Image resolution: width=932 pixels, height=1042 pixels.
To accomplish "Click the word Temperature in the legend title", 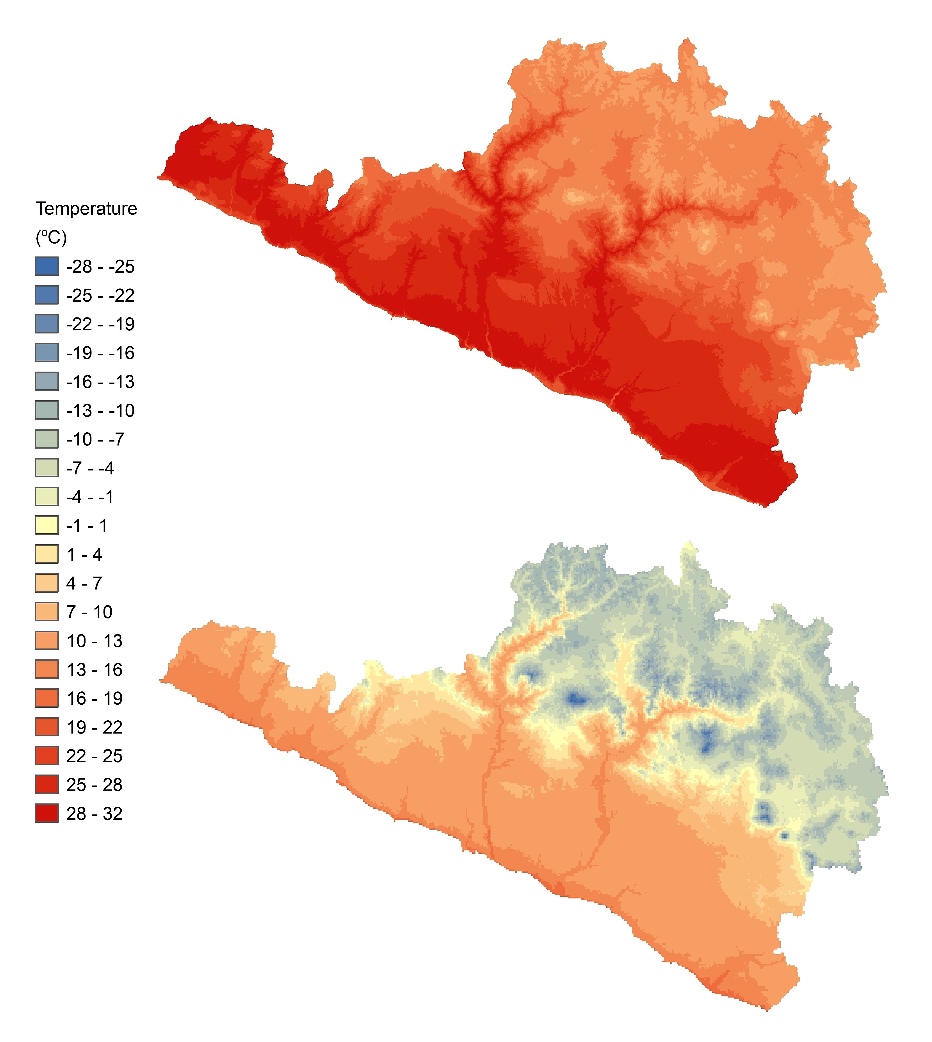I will click(x=86, y=209).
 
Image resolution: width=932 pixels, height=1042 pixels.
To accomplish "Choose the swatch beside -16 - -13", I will click(x=46, y=381).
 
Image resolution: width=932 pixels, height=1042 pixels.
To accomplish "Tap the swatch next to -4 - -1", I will click(x=46, y=497).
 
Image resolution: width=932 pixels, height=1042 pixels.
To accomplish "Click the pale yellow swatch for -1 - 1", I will click(x=46, y=525).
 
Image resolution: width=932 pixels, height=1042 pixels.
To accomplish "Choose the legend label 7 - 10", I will click(x=89, y=612).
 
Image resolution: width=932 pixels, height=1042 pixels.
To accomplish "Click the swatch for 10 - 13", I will click(x=46, y=641).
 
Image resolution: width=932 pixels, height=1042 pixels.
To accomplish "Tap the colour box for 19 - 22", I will click(x=46, y=727).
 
